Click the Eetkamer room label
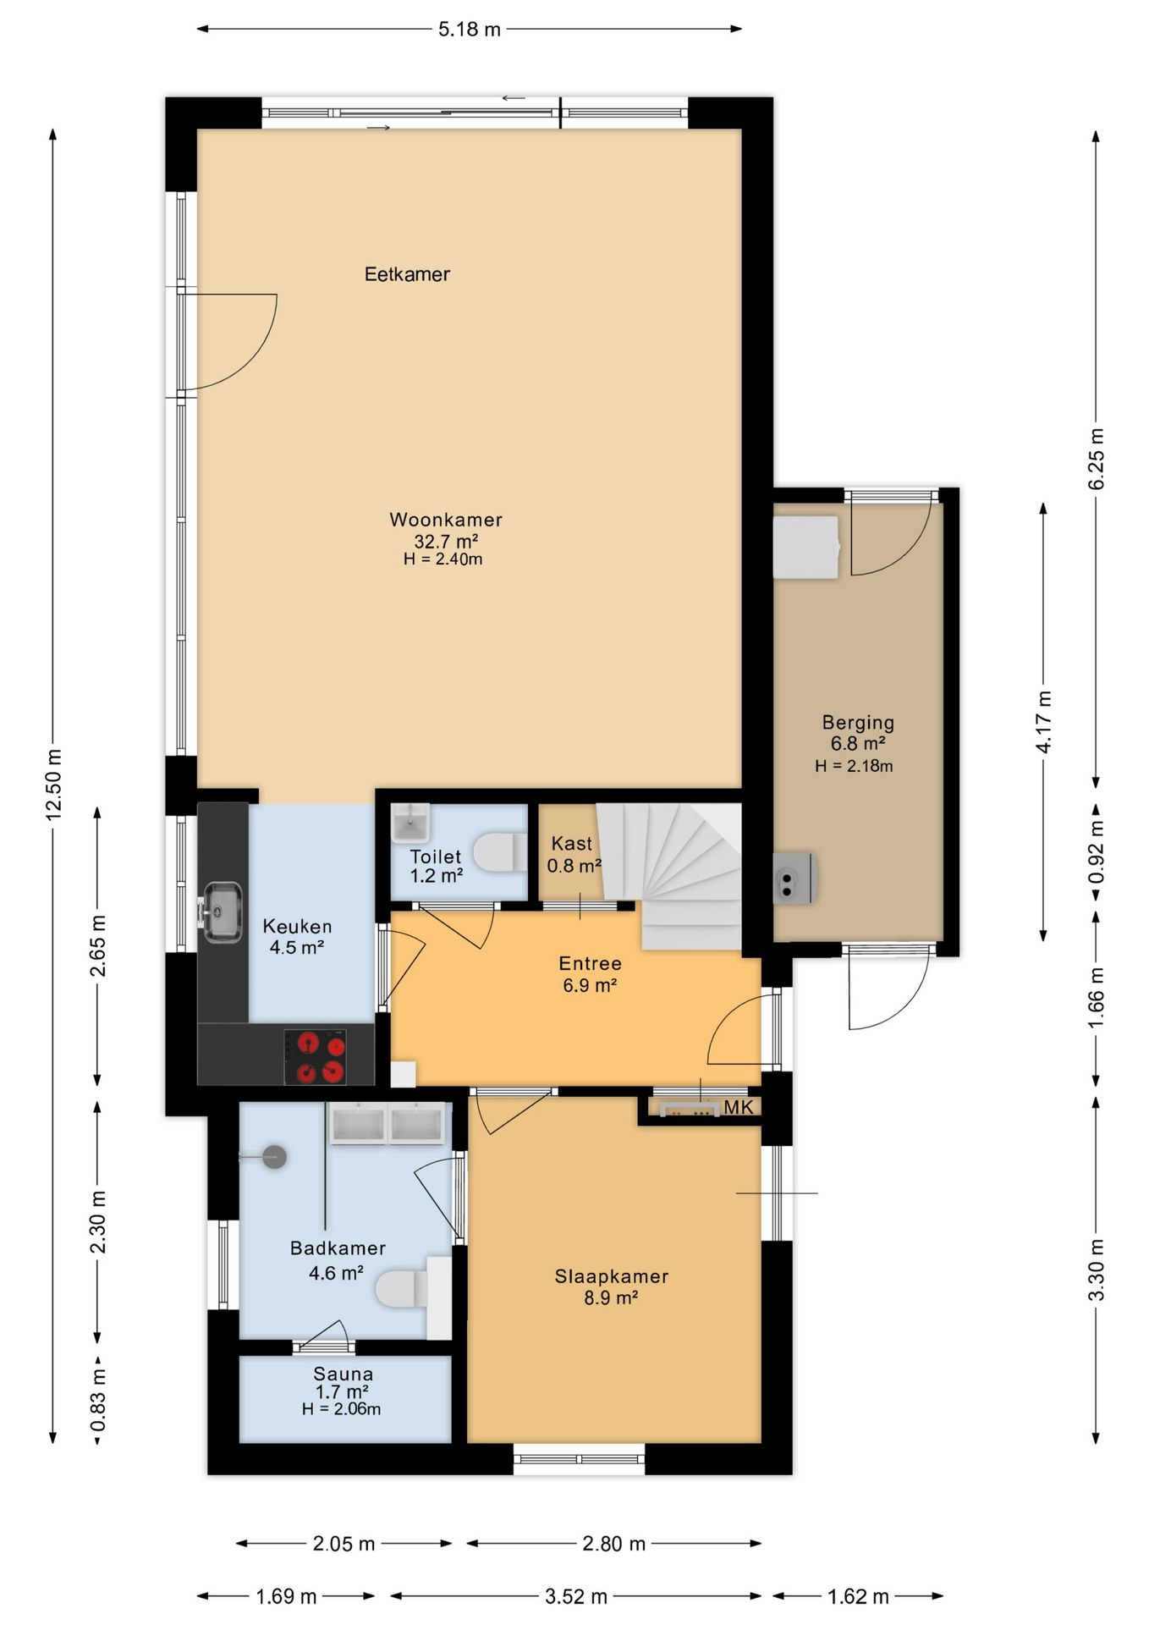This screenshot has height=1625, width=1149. click(407, 274)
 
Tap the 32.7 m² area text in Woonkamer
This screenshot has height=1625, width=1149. click(446, 542)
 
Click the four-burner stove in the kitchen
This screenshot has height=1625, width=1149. click(316, 1056)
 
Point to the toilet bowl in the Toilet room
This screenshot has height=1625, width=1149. click(497, 852)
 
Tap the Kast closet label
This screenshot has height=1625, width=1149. click(572, 844)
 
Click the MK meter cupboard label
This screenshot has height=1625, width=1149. click(738, 1107)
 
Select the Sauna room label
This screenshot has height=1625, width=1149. click(344, 1374)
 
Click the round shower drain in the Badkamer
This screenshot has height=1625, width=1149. click(273, 1157)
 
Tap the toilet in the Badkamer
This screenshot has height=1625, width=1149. click(401, 1288)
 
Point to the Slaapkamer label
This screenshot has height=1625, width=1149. click(612, 1276)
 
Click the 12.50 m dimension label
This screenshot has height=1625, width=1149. click(54, 784)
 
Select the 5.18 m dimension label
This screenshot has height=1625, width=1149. click(470, 30)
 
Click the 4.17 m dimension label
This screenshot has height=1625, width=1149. click(1044, 721)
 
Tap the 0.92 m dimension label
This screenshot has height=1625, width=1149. click(1097, 851)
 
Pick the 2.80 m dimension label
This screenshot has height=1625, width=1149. click(614, 1544)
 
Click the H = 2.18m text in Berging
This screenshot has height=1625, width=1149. click(854, 766)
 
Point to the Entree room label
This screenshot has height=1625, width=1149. click(591, 963)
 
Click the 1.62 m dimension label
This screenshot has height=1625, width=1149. click(858, 1597)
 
